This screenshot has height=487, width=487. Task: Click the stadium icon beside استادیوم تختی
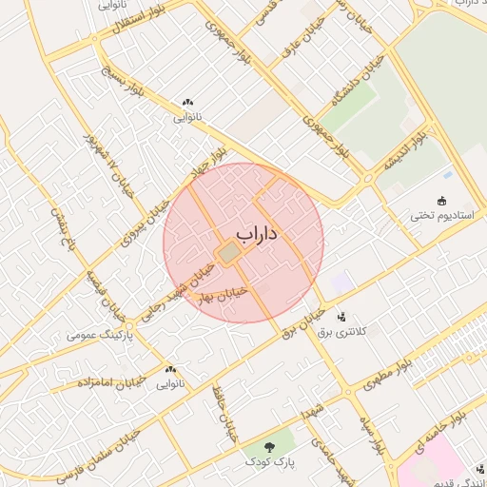pyautogui.click(x=441, y=200)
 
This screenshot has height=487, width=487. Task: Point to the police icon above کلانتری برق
pyautogui.click(x=341, y=316)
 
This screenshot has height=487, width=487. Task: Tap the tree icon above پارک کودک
pyautogui.click(x=269, y=445)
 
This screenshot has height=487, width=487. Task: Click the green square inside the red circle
pyautogui.click(x=228, y=253)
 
